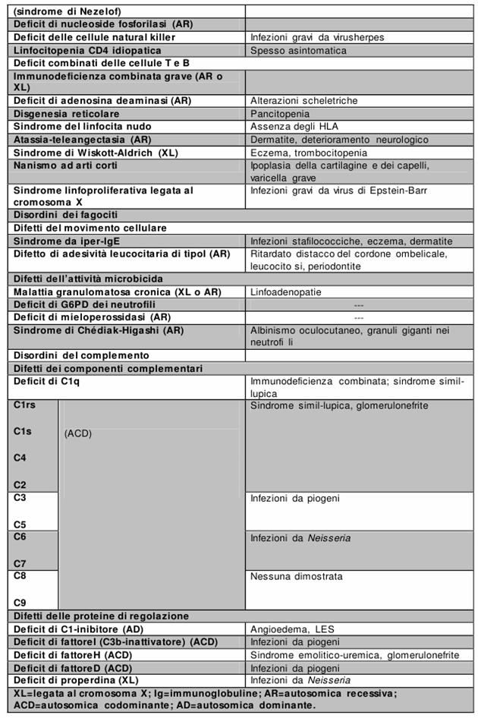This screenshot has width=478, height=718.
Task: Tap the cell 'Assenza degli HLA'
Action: pos(294,126)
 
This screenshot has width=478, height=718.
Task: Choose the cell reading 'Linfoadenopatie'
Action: pos(286,291)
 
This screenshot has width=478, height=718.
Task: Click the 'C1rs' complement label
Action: pos(24,405)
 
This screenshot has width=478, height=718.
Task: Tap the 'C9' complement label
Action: pos(20,603)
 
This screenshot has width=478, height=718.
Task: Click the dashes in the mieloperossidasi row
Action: pos(359,317)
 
